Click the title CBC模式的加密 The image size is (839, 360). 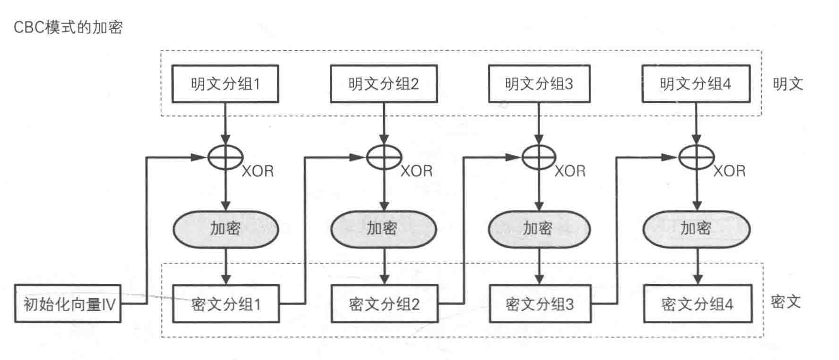click(68, 27)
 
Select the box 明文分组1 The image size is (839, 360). click(225, 84)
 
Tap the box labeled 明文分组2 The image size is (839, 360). click(384, 84)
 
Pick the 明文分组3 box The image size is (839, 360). click(539, 84)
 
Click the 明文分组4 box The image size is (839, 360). click(695, 84)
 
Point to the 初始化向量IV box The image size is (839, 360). click(68, 304)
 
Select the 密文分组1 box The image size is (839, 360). click(225, 304)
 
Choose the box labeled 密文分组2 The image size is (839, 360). click(384, 304)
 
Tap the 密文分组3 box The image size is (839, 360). click(540, 304)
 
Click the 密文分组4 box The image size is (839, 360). click(697, 304)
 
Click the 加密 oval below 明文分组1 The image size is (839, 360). click(225, 229)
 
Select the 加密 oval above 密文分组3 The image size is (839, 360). click(539, 229)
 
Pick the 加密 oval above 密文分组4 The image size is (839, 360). click(696, 229)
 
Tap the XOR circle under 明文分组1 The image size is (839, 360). click(225, 157)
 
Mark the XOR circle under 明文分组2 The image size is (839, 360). click(384, 157)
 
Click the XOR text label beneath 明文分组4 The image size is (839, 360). click(729, 171)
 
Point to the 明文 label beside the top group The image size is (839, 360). click(787, 84)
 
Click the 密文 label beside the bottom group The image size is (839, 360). click(785, 302)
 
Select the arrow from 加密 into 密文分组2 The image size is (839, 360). click(384, 266)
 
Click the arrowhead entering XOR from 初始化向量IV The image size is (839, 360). click(200, 157)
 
